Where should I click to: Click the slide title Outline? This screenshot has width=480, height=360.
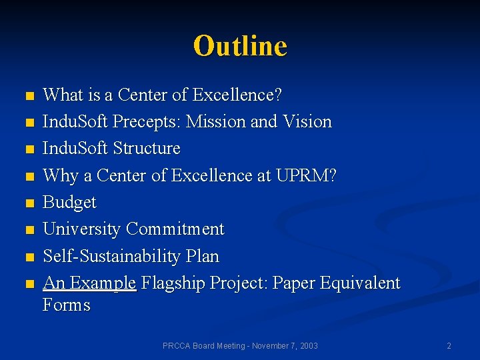click(x=240, y=46)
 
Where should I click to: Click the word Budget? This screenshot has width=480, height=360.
click(x=69, y=202)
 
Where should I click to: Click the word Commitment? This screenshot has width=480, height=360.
click(x=175, y=229)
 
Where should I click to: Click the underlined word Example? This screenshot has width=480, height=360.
click(x=103, y=283)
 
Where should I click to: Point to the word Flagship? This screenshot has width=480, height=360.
click(x=173, y=283)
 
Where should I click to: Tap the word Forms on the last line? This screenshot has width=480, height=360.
click(x=66, y=305)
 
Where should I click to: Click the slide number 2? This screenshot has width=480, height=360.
click(x=449, y=345)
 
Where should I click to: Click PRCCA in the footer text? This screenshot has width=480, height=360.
click(x=176, y=345)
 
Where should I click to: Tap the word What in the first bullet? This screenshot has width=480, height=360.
click(x=61, y=95)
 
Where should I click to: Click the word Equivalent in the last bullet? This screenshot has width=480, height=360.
click(x=360, y=283)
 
